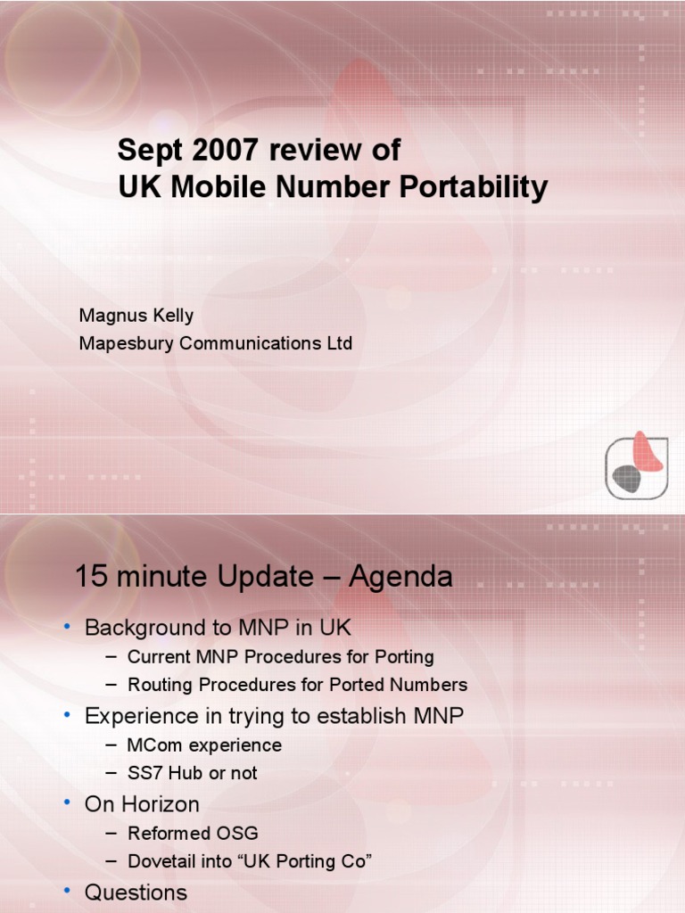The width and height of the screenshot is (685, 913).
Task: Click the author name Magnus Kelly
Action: coord(136,316)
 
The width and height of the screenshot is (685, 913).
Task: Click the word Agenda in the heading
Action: coord(400,578)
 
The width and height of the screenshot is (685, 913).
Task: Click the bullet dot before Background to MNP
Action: coord(67,628)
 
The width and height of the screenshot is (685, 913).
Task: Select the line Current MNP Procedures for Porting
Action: coord(280,657)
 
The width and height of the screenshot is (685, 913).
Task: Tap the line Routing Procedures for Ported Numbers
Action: coord(297,685)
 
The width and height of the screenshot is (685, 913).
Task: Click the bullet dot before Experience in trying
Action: coord(67,715)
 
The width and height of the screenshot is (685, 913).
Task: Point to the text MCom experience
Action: coord(204,744)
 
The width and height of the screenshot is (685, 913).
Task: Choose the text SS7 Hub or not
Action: coord(192,773)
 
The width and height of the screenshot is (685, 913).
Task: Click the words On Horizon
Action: coord(142,804)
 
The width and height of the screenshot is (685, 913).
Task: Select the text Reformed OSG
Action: coord(193,833)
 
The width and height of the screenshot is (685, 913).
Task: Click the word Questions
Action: coord(136,892)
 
